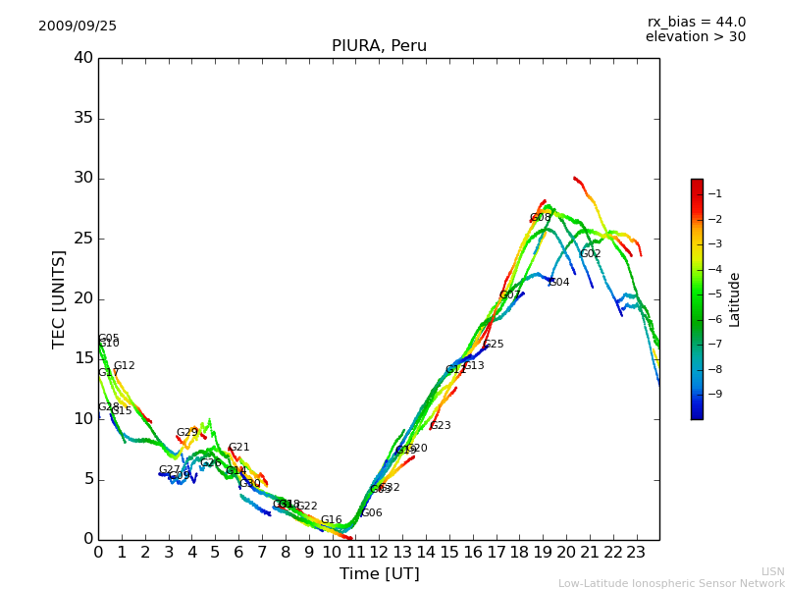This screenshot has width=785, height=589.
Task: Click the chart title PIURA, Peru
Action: click(379, 46)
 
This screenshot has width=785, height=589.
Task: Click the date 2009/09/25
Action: click(78, 27)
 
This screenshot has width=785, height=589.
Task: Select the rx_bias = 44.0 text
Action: click(696, 23)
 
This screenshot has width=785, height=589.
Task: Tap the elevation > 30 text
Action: click(695, 37)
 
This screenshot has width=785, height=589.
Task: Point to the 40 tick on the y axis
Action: click(83, 58)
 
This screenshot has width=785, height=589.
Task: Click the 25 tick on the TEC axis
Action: click(83, 239)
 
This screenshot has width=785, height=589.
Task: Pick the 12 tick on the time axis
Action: click(379, 552)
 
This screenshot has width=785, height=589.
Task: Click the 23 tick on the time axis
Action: click(636, 552)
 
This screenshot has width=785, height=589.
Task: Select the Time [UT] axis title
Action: click(379, 574)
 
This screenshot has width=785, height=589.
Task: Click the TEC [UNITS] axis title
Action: click(60, 299)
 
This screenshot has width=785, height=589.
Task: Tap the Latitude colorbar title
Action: click(735, 299)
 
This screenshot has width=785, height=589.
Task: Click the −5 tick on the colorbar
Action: click(713, 294)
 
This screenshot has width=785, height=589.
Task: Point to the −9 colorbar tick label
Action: click(713, 394)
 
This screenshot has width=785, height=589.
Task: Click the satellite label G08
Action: click(541, 218)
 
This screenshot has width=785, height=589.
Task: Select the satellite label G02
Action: click(591, 254)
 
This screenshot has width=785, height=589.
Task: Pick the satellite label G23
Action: click(441, 426)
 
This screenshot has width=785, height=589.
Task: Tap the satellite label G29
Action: click(187, 433)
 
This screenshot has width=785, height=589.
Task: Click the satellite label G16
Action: click(332, 520)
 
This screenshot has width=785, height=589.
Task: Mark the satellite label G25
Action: click(494, 345)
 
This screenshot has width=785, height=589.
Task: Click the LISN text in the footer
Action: click(773, 571)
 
